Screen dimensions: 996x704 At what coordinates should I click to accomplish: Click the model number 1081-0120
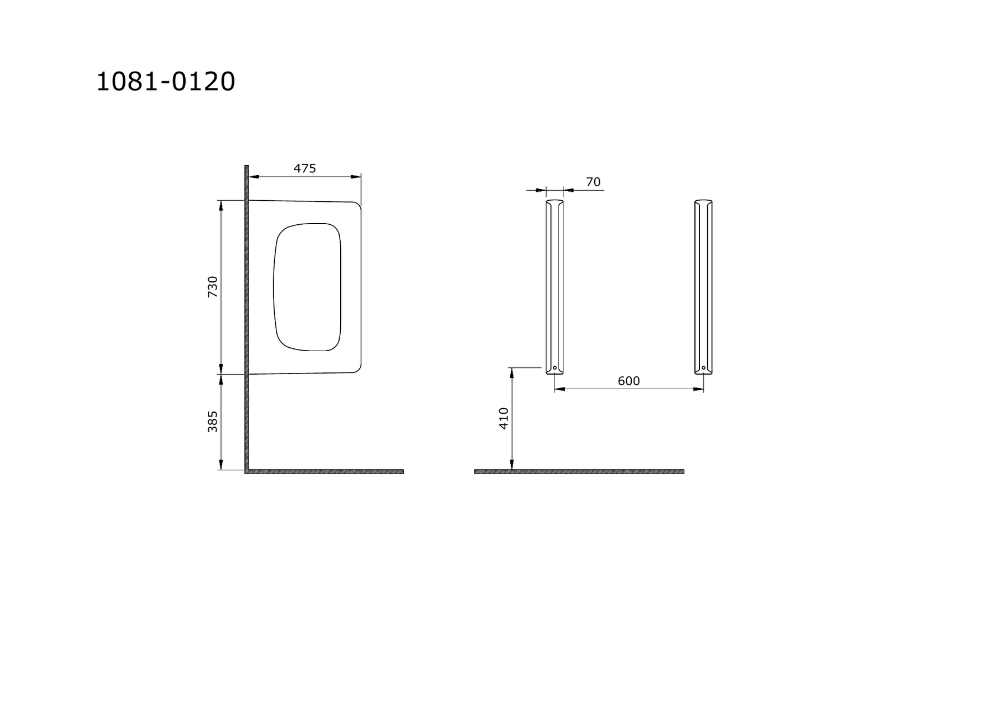tap(166, 82)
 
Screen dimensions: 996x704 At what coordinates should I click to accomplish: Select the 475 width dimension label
tap(305, 168)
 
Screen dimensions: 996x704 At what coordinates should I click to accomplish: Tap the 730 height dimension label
tap(213, 287)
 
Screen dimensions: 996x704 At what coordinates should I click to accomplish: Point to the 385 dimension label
tap(213, 422)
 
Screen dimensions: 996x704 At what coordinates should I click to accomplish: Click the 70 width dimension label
tap(593, 182)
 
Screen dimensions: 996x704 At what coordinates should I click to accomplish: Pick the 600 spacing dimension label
tap(628, 381)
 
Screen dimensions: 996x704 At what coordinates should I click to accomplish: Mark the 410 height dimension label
tap(504, 418)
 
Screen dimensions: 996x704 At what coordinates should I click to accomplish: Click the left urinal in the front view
tap(555, 287)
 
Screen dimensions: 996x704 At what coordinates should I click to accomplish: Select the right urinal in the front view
tap(703, 287)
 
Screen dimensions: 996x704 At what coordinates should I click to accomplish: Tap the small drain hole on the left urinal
tap(555, 368)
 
